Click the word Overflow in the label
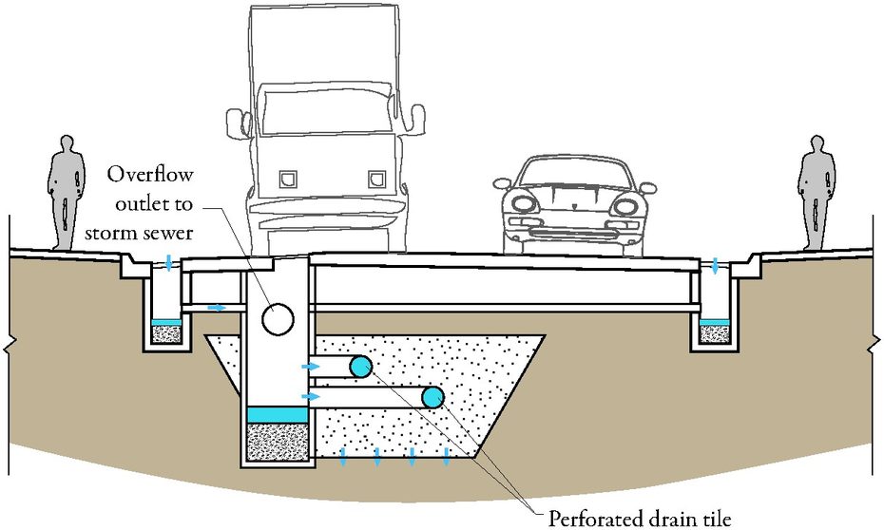pos(150,175)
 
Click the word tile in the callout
pos(716,518)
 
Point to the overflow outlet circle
pos(278,319)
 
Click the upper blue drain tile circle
pos(360,367)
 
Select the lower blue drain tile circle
pos(433,398)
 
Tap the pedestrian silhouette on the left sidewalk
pos(66,193)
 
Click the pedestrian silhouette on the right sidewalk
pos(817,193)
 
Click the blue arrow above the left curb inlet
pos(169,261)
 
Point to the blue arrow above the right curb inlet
pos(715,265)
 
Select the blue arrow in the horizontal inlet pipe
pos(217,308)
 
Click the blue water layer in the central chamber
pos(278,414)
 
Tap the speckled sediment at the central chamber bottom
pos(278,442)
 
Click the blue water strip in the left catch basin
pos(166,322)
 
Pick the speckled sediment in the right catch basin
pos(714,334)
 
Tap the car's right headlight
pos(625,206)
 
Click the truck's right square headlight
pos(376,180)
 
